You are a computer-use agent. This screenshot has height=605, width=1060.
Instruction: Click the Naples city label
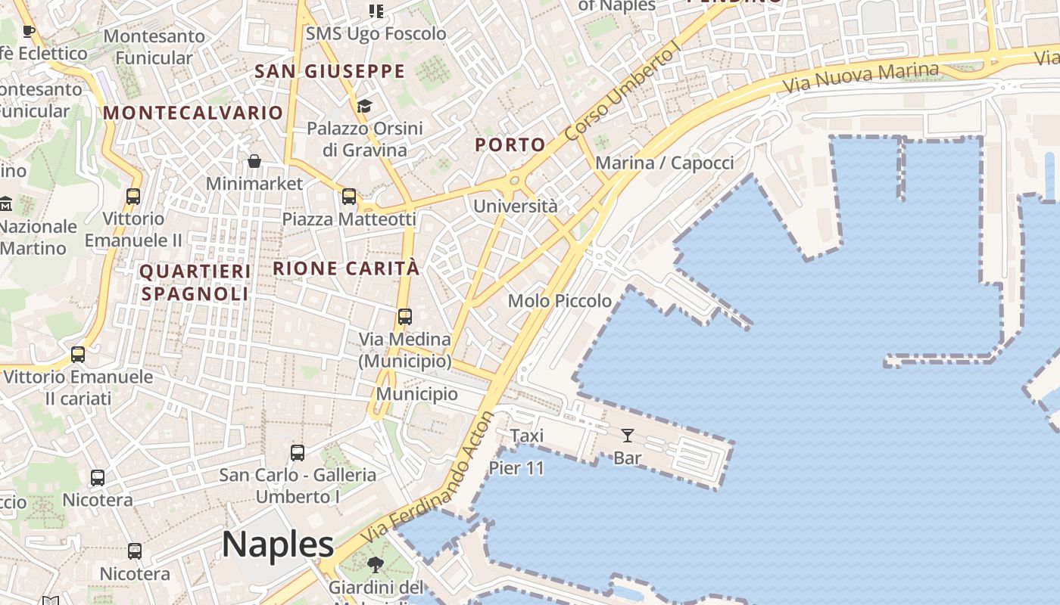pos(278,544)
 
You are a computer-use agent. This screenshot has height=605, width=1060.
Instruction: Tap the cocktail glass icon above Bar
pos(628,436)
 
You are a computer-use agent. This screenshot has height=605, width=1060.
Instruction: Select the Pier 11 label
pos(516,468)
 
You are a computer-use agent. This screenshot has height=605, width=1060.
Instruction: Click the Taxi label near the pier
pos(527,436)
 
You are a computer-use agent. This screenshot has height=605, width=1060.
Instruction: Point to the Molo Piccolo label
pos(560,301)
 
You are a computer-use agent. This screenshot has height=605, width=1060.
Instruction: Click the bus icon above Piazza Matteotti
pos(349,197)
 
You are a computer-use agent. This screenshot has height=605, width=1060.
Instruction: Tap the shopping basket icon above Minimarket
pos(254,161)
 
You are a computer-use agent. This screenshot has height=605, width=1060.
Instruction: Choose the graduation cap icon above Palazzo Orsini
pos(365,106)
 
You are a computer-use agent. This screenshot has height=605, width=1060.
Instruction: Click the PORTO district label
pos(510,144)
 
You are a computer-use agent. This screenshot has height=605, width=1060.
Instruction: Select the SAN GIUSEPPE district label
pos(330,71)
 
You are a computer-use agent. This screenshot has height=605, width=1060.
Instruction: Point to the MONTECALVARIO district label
pos(193,113)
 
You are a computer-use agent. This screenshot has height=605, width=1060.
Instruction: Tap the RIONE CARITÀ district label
pos(346,268)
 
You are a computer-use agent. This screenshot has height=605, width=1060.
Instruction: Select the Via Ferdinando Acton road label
pos(427,477)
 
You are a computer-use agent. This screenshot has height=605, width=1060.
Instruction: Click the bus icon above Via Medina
pos(405,317)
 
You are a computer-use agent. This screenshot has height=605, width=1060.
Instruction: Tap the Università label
pos(516,206)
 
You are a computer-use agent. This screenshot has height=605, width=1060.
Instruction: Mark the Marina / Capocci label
pos(665,163)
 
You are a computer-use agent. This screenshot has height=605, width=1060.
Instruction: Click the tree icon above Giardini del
pos(375,564)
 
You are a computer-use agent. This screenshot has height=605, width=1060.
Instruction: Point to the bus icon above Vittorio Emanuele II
pos(133,197)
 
